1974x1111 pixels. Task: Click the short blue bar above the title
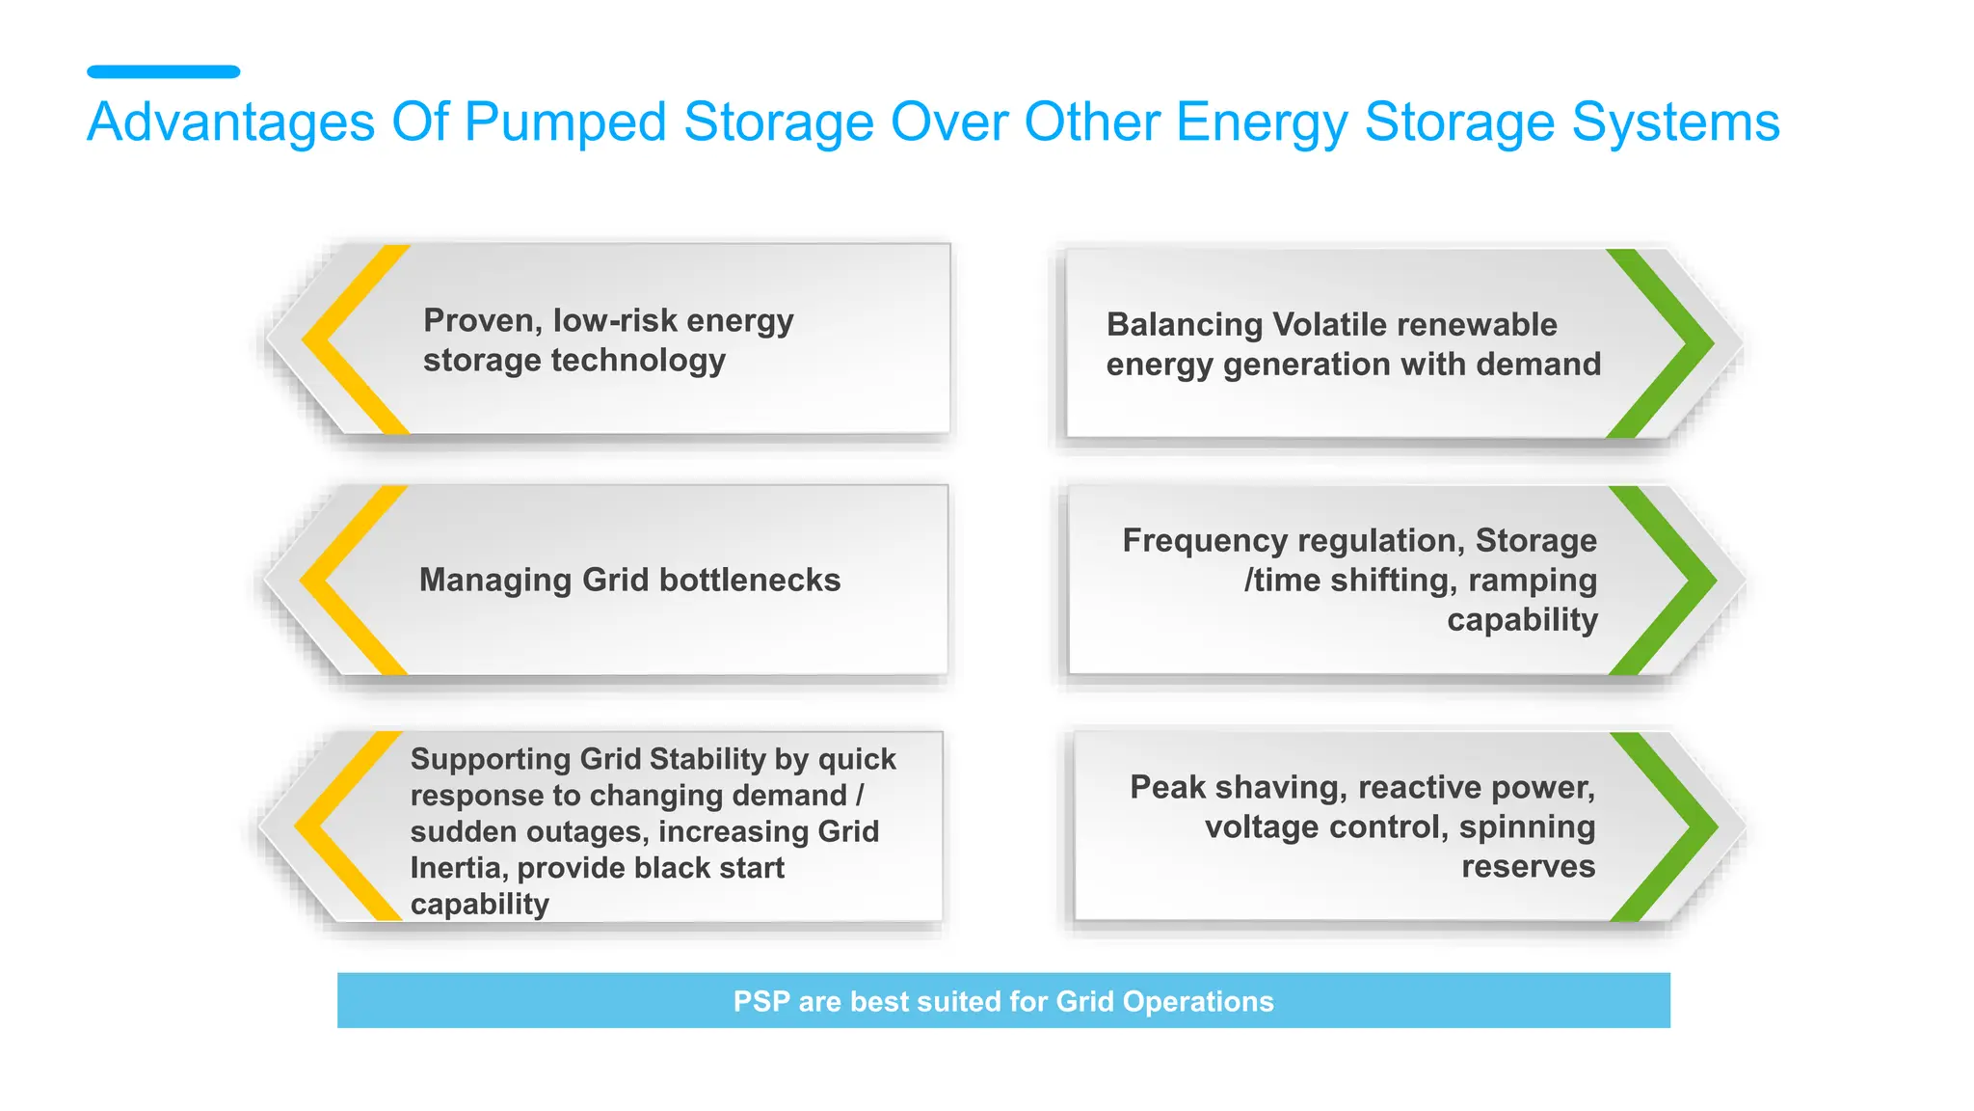pyautogui.click(x=163, y=71)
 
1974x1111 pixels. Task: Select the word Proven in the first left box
pyautogui.click(x=482, y=320)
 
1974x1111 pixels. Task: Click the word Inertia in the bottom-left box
pyautogui.click(x=458, y=868)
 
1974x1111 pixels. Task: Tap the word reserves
pyautogui.click(x=1528, y=867)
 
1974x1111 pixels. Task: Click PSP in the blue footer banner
pyautogui.click(x=761, y=1002)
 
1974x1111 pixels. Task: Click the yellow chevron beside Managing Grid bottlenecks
pyautogui.click(x=325, y=580)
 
